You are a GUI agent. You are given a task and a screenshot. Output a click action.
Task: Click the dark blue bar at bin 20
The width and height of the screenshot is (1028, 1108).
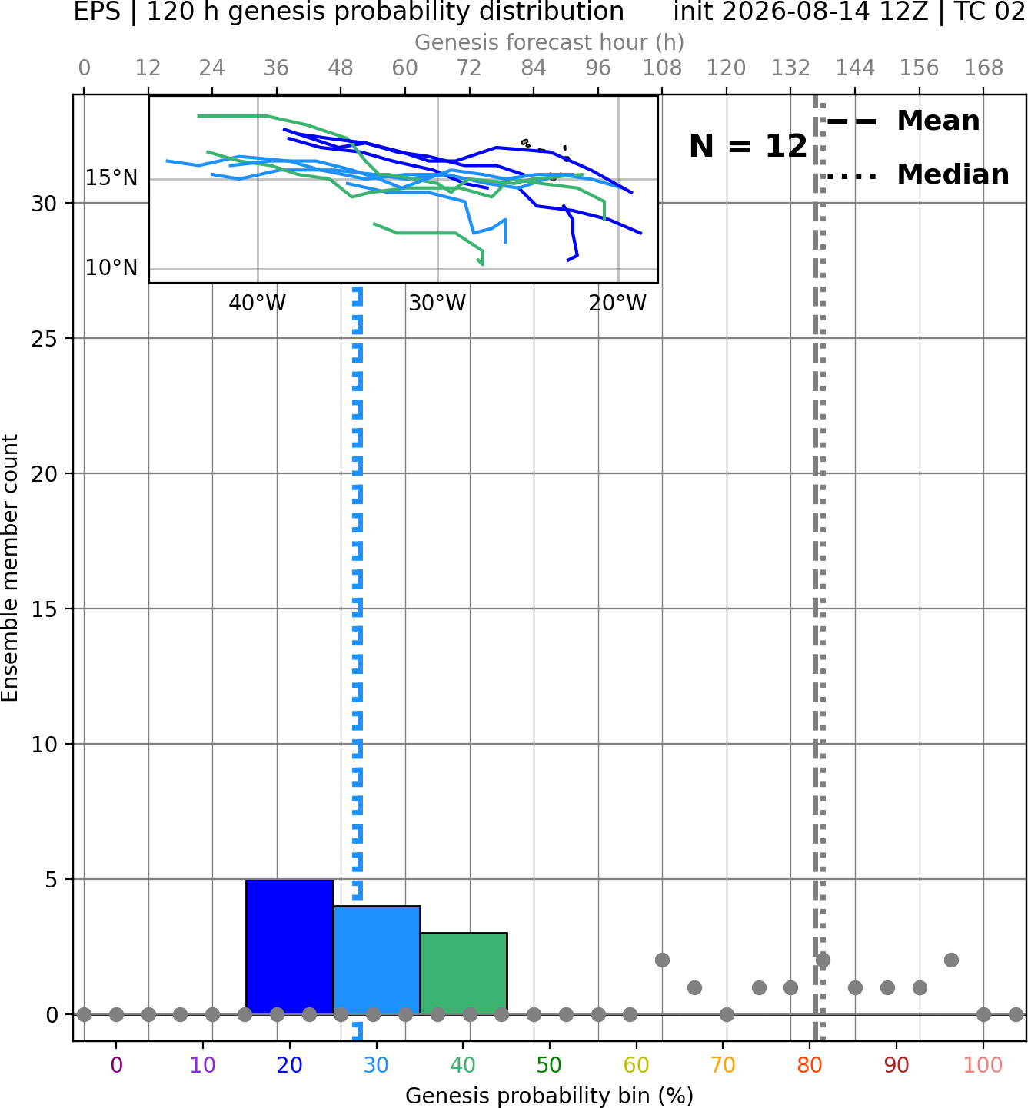click(290, 947)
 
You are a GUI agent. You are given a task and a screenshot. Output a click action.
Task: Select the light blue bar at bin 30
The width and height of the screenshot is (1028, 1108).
click(377, 960)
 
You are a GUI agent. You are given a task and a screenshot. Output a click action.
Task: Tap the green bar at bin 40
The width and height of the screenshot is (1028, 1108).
click(464, 974)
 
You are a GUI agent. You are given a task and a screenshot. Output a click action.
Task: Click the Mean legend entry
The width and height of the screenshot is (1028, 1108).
click(903, 121)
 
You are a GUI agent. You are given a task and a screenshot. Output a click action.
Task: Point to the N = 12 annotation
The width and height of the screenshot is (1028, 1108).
click(748, 146)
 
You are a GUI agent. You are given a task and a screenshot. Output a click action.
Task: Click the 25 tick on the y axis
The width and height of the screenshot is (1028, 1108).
click(45, 339)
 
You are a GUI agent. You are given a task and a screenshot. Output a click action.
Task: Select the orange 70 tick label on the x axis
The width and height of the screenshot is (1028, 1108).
click(723, 1065)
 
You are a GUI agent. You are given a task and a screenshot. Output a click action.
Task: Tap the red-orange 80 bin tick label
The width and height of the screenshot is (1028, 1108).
click(810, 1065)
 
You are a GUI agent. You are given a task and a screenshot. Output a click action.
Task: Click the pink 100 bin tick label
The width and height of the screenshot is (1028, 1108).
click(983, 1065)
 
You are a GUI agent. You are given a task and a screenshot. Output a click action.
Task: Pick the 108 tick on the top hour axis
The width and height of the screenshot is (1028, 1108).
click(662, 68)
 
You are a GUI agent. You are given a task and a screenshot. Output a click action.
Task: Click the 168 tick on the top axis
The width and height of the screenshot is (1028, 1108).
click(984, 68)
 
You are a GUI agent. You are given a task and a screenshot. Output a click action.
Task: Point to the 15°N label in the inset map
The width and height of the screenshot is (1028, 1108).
click(111, 178)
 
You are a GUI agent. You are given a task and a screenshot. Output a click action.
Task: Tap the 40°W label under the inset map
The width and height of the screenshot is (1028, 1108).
click(257, 304)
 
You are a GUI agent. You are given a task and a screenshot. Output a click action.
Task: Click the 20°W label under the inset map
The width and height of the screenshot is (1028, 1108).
click(617, 304)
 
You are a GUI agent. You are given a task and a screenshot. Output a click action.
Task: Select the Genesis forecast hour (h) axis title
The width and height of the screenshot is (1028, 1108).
click(550, 42)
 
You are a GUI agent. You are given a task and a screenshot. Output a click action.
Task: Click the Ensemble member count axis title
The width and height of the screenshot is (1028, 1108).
click(10, 568)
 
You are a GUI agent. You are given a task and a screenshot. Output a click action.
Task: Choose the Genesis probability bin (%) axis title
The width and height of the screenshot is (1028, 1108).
click(550, 1096)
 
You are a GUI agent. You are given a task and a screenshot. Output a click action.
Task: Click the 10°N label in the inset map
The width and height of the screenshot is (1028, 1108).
click(111, 268)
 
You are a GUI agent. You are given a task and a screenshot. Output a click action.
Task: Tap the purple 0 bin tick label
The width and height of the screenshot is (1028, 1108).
click(116, 1065)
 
